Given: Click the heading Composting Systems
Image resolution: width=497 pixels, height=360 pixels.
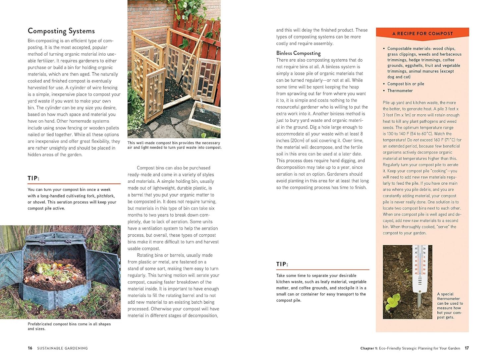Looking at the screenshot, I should pos(61,31).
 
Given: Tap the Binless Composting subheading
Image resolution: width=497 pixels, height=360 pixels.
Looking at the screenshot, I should pos(299,53).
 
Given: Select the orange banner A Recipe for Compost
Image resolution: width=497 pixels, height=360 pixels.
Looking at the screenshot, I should pos(422,33).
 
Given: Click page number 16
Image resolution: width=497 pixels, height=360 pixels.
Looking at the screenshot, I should pos(30,348).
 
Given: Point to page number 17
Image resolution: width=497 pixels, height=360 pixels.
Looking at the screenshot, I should pos(467,348).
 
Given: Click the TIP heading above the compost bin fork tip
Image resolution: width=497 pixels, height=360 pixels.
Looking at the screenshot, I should pos(34,178).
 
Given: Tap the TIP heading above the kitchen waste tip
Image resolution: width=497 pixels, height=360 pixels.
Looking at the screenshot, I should pos(282,264).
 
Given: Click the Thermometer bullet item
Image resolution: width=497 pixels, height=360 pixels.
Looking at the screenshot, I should pos(400,90).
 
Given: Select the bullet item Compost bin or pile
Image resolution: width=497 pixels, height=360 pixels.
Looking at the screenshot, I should pos(406,84).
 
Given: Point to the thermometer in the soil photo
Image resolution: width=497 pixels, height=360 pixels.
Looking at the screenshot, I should pos(419,269).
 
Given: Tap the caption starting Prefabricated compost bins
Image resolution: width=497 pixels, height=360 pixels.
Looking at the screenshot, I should pos(69,326).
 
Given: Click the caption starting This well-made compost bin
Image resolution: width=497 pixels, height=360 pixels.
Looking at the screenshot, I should pos(174,145).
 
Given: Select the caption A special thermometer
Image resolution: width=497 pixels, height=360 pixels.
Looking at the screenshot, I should pos(450,305).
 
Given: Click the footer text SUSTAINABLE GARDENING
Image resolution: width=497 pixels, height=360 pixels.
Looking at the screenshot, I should pos(63,348).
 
